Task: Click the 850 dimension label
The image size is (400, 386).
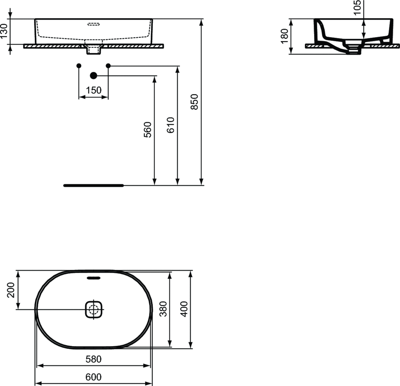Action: coord(196,102)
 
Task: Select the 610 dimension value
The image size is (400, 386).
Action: coord(171,125)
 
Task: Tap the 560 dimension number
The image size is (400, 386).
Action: coord(147,130)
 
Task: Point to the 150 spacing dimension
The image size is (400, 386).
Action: coord(94,90)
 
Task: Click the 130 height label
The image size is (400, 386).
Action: coord(4,31)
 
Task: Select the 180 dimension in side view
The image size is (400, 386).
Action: coord(284,36)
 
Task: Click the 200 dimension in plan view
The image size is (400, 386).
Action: coord(11,289)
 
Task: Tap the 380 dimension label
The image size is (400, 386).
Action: coord(163,309)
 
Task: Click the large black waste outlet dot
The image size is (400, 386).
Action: coord(93,75)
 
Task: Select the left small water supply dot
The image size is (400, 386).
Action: coord(79,65)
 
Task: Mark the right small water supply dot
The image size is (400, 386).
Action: coord(108,65)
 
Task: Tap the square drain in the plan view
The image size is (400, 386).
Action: coord(94,309)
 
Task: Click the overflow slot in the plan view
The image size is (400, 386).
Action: coord(94,278)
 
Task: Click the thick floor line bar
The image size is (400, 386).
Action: coord(93,185)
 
